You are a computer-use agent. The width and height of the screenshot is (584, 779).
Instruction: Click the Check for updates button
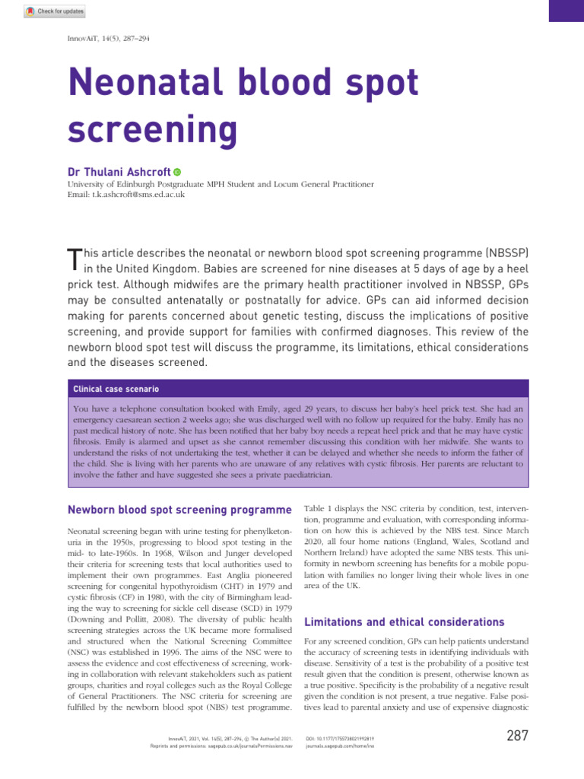click(54, 11)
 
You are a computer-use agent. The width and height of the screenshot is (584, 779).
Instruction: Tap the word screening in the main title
click(152, 130)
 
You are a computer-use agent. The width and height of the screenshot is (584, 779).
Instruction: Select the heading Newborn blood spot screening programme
click(179, 509)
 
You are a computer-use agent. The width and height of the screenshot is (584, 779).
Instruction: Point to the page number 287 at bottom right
click(516, 736)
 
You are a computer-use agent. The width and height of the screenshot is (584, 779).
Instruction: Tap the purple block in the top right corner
click(566, 10)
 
